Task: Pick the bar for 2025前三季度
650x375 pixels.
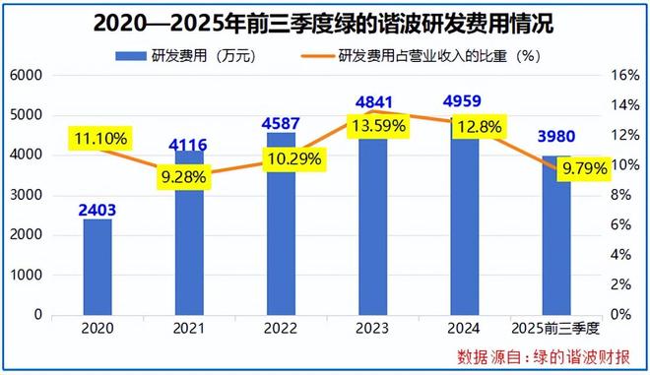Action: [556, 246]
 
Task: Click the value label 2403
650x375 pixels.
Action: [97, 208]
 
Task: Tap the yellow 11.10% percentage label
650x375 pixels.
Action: [97, 141]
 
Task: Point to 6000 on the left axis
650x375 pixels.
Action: [26, 76]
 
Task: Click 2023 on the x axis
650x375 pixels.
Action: [373, 327]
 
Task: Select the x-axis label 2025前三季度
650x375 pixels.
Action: [556, 327]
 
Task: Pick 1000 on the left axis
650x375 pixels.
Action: [26, 276]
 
